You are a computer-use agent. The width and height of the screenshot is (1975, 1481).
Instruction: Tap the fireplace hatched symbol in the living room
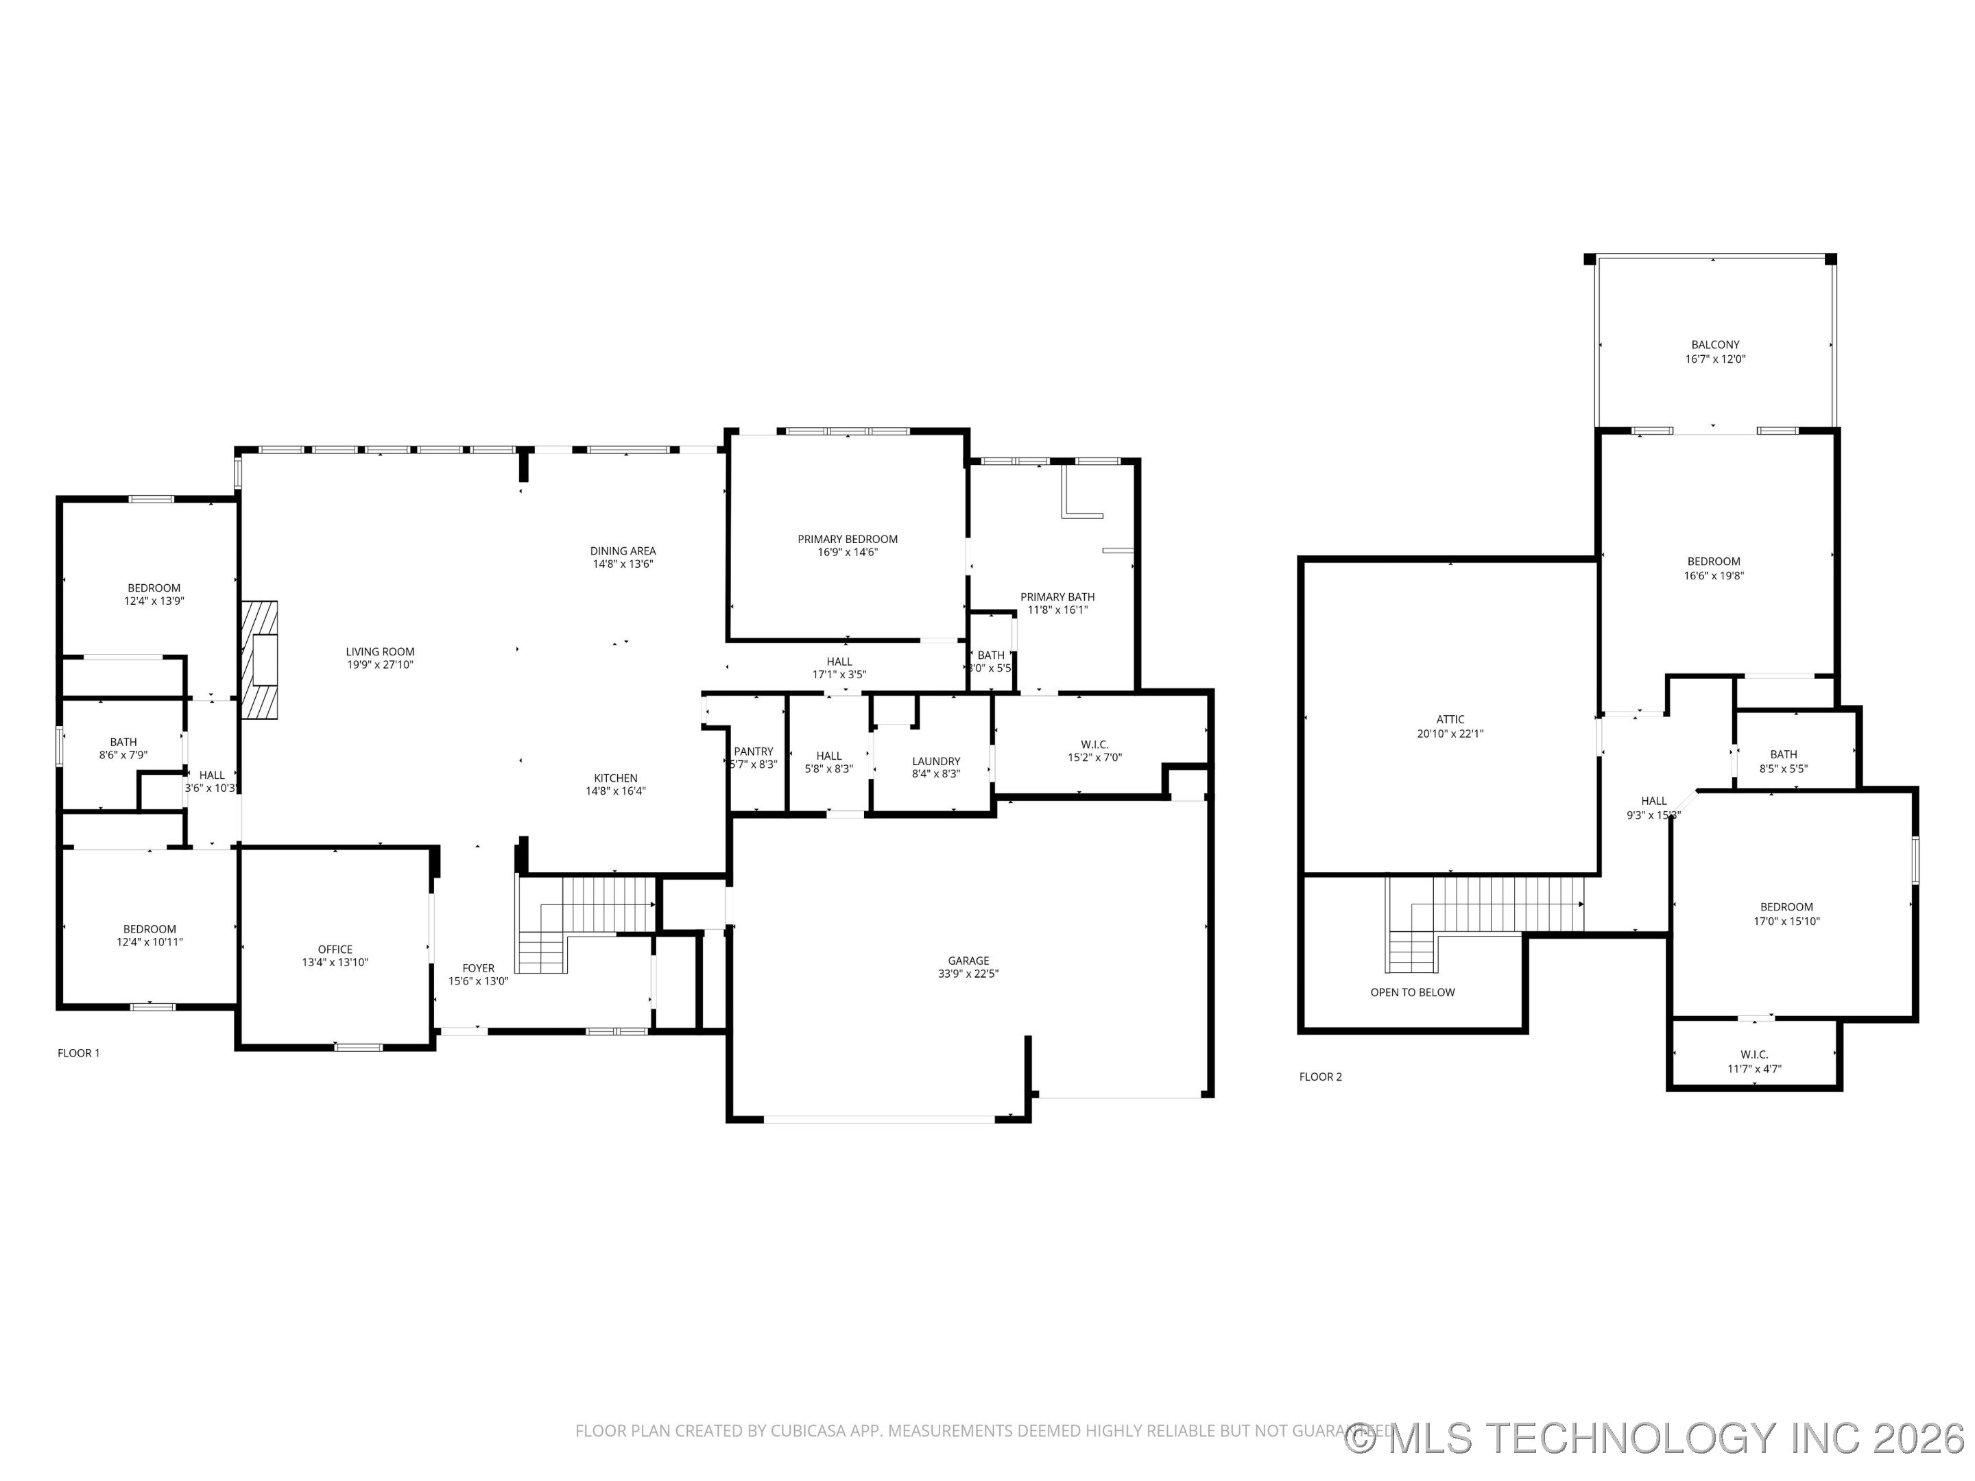(x=260, y=660)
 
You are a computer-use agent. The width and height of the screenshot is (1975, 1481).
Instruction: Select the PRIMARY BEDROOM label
(x=848, y=539)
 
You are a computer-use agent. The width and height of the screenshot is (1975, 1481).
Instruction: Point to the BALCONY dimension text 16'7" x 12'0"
(x=1714, y=359)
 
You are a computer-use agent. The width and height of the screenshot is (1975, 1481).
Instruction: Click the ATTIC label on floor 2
(x=1450, y=719)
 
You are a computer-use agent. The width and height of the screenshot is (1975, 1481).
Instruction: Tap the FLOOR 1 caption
(x=79, y=1052)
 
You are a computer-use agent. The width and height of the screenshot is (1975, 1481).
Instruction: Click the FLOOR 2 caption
(x=1319, y=1076)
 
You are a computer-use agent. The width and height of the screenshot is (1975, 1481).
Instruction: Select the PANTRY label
(x=753, y=751)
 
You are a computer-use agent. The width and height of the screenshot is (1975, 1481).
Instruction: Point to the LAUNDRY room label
(x=935, y=762)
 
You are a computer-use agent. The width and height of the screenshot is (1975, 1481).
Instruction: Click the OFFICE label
(x=335, y=949)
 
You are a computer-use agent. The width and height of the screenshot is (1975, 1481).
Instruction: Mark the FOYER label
(x=478, y=967)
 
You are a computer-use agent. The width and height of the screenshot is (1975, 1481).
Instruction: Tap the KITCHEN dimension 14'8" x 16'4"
(x=615, y=791)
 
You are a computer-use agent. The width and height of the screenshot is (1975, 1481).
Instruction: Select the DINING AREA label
(x=622, y=551)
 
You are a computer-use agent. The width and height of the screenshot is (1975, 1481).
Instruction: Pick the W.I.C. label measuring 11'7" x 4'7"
(x=1753, y=1055)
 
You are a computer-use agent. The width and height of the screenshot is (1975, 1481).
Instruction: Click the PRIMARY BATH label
(x=1057, y=597)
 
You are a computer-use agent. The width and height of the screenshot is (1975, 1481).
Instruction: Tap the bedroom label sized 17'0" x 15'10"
(x=1786, y=907)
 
